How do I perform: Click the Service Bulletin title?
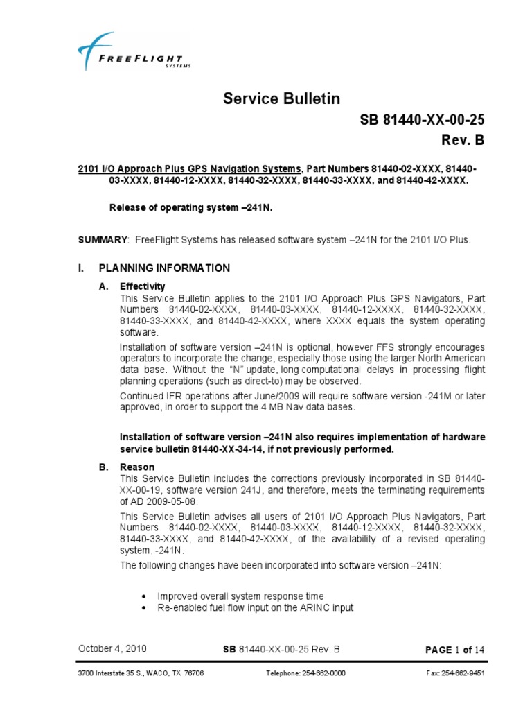tap(281, 98)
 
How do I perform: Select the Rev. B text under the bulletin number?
tap(463, 141)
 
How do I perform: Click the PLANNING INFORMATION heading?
tap(164, 268)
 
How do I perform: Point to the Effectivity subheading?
tap(143, 286)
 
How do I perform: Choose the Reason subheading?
tap(137, 467)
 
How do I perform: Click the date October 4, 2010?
tap(112, 649)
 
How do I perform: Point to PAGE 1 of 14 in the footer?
tap(454, 650)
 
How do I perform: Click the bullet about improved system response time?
tap(240, 596)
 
